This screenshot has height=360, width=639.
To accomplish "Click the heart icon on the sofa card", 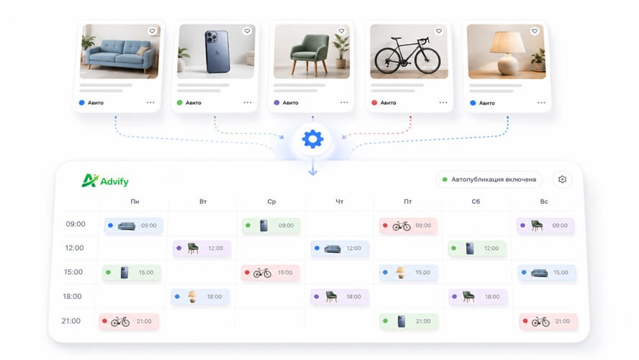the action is click(152, 31).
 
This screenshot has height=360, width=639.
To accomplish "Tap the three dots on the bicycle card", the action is click(443, 103).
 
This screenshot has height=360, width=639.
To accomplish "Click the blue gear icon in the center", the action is click(312, 139).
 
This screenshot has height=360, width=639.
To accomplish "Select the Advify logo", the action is click(105, 181).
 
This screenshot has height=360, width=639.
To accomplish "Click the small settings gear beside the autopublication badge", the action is click(563, 179).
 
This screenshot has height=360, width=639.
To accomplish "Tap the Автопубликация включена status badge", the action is click(489, 179).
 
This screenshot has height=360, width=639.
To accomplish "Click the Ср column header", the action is click(271, 202).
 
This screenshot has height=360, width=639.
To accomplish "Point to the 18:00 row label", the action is click(72, 297).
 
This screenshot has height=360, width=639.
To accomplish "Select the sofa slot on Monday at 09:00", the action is click(133, 225).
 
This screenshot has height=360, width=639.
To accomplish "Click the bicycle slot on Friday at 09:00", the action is click(408, 225).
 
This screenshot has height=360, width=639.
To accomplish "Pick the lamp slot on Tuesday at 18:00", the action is click(200, 297).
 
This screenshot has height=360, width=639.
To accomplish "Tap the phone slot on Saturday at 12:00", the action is click(477, 248).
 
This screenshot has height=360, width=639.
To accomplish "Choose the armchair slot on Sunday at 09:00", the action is click(545, 225).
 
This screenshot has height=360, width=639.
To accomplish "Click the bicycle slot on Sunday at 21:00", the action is click(548, 321).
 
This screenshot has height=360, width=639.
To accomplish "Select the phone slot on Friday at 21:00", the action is click(408, 321).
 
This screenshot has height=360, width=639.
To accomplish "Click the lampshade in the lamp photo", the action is click(508, 42).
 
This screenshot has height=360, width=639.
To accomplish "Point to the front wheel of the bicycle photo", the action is click(427, 60).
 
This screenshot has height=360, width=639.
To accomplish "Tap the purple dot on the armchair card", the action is click(277, 103).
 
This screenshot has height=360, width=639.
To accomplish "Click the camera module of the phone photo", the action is click(212, 37).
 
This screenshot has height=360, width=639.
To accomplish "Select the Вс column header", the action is click(544, 202).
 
